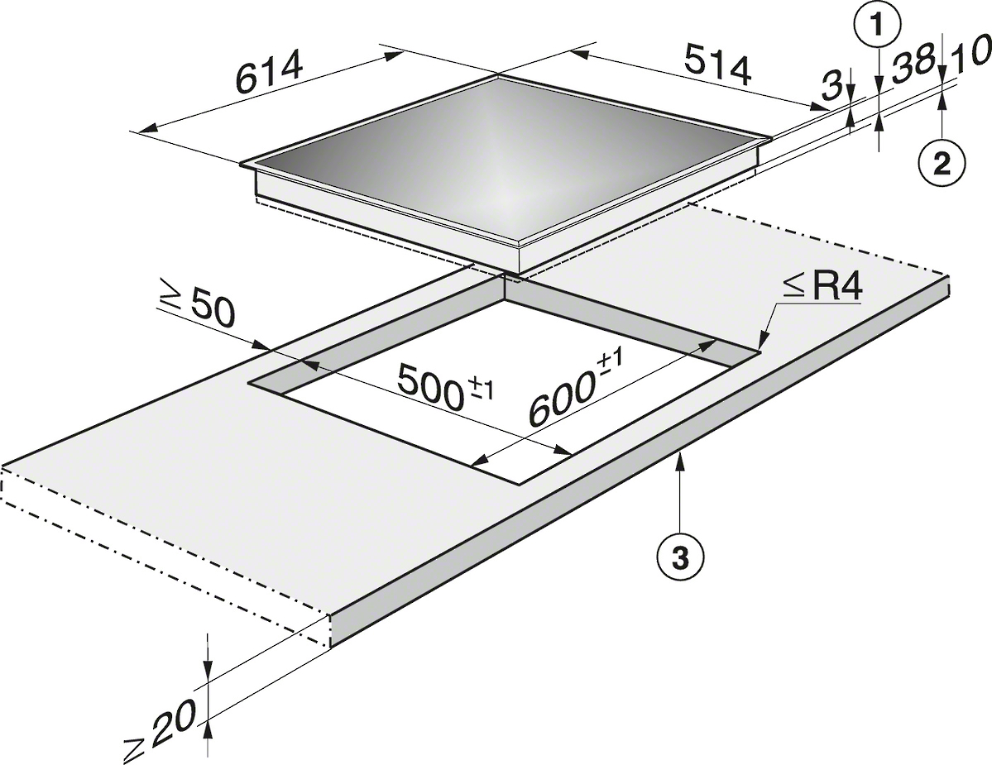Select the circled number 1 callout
coord(876,25)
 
